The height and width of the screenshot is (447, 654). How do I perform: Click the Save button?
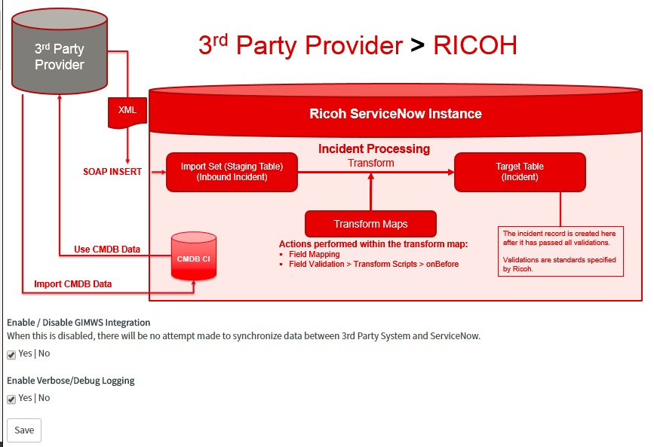[24, 430]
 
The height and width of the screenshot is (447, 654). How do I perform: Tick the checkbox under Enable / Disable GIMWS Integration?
[11, 355]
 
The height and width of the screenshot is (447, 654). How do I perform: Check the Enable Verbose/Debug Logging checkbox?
[11, 399]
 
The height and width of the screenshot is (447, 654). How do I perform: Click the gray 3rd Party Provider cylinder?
[60, 51]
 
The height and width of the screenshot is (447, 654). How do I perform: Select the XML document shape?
[127, 112]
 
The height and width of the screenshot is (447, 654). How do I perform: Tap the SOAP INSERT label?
[112, 171]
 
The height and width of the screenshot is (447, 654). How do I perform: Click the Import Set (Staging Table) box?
[232, 172]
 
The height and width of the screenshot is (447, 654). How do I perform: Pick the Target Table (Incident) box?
[520, 172]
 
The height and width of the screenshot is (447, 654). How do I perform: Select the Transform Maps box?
[371, 224]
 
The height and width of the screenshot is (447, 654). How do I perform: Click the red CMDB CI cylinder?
[194, 256]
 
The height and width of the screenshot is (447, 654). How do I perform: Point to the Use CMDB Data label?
[107, 250]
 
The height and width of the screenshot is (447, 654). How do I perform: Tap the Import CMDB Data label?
[73, 284]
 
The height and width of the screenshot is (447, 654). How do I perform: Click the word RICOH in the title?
[475, 45]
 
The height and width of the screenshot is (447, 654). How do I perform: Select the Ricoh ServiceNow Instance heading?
[395, 113]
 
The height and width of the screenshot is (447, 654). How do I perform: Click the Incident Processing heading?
[374, 148]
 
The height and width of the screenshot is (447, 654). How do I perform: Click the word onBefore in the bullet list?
[442, 264]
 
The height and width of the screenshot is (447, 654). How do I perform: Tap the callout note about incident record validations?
[560, 251]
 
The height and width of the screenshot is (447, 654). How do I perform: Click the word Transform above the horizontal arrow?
[371, 163]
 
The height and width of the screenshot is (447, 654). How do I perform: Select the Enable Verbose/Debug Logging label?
[71, 381]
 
